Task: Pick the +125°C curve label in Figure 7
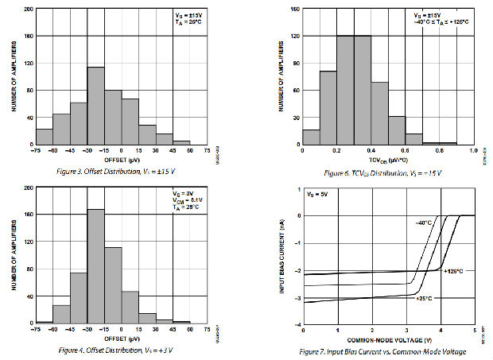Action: coord(453,271)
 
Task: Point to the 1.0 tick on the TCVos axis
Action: coord(472,149)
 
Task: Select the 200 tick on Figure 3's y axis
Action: coord(28,10)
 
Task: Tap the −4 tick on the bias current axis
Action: coord(295,325)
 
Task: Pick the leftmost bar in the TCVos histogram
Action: coord(311,136)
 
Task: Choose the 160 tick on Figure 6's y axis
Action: coord(293,10)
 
